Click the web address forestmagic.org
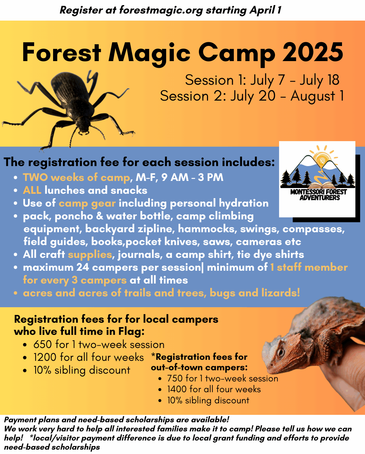[x=161, y=10]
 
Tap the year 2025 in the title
[x=313, y=52]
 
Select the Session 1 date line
[x=262, y=80]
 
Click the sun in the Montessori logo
[x=321, y=159]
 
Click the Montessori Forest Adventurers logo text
[x=319, y=195]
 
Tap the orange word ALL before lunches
[x=32, y=190]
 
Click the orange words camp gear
[x=87, y=204]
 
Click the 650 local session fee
[x=43, y=345]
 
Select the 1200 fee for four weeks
[x=45, y=357]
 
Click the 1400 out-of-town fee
[x=177, y=389]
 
